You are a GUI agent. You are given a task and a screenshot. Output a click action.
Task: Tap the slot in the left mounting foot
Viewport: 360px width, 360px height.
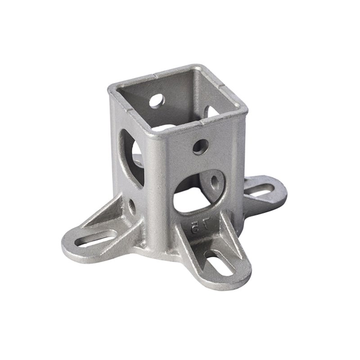[x=96, y=238]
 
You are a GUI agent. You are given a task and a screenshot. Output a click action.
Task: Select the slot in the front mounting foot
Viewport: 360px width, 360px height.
[x=219, y=263]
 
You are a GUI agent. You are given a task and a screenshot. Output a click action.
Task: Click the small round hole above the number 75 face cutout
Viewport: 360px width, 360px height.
[x=200, y=146]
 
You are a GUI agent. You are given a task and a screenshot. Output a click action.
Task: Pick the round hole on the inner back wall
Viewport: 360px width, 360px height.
[x=157, y=101]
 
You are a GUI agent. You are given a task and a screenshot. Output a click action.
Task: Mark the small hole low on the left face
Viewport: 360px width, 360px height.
[x=132, y=207]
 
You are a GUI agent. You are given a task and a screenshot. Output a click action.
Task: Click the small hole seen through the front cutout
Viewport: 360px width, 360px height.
[x=215, y=182]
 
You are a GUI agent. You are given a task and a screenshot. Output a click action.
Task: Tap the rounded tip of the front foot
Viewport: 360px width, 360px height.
[x=234, y=281]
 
